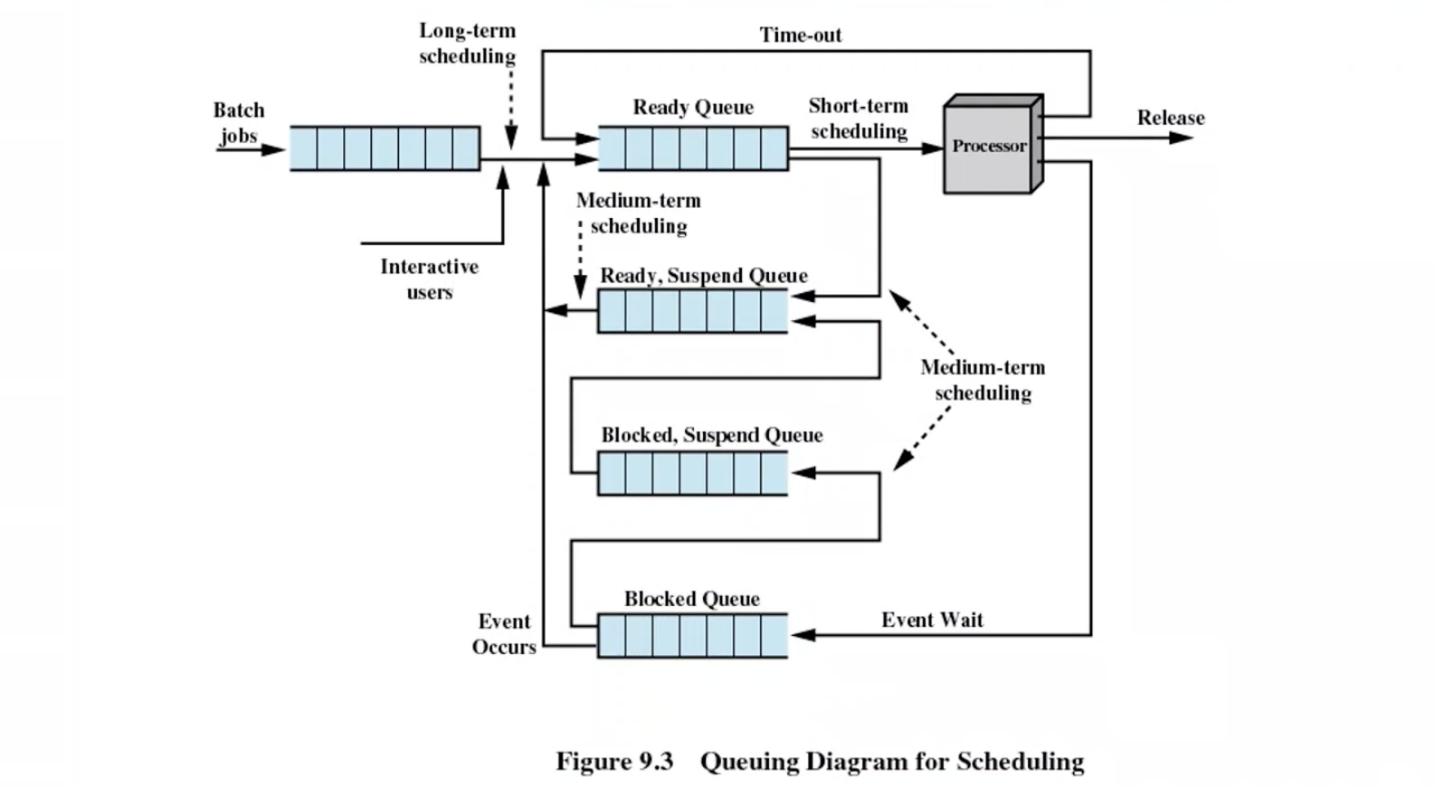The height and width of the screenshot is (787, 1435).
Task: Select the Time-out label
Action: [801, 35]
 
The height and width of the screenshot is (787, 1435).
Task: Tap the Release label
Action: [1171, 118]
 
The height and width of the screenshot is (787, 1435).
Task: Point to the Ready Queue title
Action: [693, 108]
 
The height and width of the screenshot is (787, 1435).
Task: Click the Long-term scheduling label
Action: [467, 43]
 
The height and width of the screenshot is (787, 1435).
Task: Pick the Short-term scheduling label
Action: [858, 119]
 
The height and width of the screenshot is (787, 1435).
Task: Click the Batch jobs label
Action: [239, 123]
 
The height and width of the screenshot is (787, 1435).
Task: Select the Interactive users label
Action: [429, 279]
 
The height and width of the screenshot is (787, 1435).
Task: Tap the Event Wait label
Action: [932, 620]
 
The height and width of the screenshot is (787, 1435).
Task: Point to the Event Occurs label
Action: [504, 634]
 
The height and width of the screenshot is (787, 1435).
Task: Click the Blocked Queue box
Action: [692, 636]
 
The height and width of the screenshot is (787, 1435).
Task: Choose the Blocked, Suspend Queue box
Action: [692, 473]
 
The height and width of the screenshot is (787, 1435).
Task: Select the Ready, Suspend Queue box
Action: [692, 311]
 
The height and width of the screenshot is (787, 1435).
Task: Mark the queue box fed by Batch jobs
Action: [385, 148]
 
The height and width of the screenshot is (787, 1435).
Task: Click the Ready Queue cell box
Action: [692, 148]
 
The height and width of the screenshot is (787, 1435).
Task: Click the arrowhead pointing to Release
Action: [1181, 137]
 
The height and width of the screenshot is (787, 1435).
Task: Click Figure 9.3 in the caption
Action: [614, 762]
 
